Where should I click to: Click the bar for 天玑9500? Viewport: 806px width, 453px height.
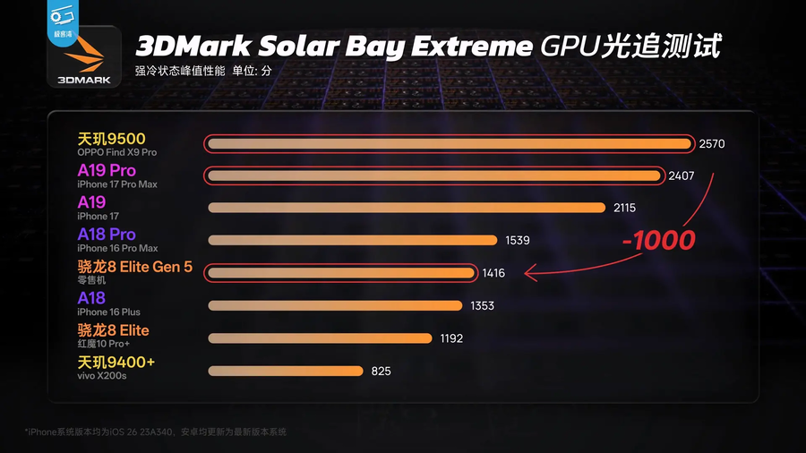tap(448, 143)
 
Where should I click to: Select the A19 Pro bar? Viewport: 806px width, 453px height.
tap(435, 175)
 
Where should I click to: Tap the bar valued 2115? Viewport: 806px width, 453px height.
tap(407, 208)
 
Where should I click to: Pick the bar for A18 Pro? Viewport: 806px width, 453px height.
tap(352, 240)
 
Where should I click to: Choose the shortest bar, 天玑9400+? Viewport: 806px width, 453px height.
tap(285, 371)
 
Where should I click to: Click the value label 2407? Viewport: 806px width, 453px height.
tap(682, 175)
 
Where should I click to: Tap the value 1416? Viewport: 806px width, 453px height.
tap(493, 272)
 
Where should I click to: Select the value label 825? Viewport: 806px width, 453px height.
tap(381, 371)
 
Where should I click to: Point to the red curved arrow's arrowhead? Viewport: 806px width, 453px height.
tap(528, 272)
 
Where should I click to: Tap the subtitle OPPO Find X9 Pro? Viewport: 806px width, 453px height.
tap(116, 153)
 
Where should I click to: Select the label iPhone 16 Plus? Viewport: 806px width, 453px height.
tap(108, 312)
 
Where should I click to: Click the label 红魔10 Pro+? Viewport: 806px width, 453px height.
tap(103, 345)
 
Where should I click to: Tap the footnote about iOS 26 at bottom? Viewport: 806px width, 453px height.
tap(156, 432)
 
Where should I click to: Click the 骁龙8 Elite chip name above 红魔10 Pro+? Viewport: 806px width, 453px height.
tap(113, 330)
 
